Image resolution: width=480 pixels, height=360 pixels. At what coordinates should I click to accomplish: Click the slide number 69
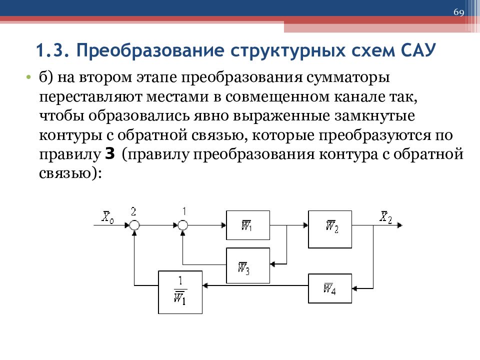pyautogui.click(x=458, y=12)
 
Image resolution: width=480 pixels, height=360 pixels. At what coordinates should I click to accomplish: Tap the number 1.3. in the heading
pyautogui.click(x=53, y=50)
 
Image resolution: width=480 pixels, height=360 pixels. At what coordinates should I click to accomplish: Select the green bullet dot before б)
pyautogui.click(x=28, y=77)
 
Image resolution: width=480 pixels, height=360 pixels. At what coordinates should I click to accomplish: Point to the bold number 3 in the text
pyautogui.click(x=110, y=154)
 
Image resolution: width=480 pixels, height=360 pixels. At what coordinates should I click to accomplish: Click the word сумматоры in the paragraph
pyautogui.click(x=348, y=77)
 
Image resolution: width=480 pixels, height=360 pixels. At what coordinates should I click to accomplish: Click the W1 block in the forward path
pyautogui.click(x=248, y=225)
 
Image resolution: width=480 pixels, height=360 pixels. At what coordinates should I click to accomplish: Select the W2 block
pyautogui.click(x=330, y=229)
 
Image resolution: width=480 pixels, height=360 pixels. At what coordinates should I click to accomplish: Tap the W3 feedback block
pyautogui.click(x=248, y=265)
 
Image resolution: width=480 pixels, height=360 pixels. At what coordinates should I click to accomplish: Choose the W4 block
pyautogui.click(x=330, y=288)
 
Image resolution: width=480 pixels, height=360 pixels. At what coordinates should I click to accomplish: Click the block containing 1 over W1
pyautogui.click(x=180, y=292)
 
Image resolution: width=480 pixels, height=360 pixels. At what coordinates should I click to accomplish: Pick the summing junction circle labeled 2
pyautogui.click(x=134, y=225)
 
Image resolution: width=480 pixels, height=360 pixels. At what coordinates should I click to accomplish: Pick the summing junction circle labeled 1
pyautogui.click(x=183, y=225)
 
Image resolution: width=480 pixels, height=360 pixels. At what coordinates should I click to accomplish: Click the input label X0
pyautogui.click(x=108, y=217)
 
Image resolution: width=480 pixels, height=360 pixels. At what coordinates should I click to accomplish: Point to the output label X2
pyautogui.click(x=385, y=217)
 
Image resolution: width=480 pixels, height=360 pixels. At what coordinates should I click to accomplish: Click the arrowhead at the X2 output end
pyautogui.click(x=400, y=225)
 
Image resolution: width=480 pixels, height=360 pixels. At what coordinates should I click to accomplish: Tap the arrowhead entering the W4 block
pyautogui.click(x=355, y=288)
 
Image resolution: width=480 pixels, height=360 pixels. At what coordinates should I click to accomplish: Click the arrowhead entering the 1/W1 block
pyautogui.click(x=205, y=285)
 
